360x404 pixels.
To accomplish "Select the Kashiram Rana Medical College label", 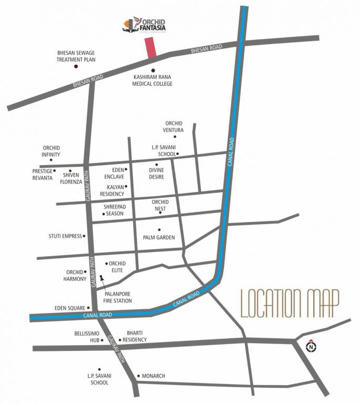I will (x=152, y=80).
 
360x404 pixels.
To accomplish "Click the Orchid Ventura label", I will (x=173, y=126).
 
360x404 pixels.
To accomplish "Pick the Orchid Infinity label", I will (x=51, y=151).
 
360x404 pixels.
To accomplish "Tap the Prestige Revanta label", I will (x=43, y=174).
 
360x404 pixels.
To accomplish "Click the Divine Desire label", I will (x=156, y=174).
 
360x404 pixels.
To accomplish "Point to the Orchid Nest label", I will (x=160, y=205).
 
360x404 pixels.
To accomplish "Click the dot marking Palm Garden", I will (x=159, y=229).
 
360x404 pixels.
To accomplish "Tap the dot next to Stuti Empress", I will (x=84, y=237).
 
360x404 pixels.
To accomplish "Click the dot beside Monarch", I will (x=138, y=376).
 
